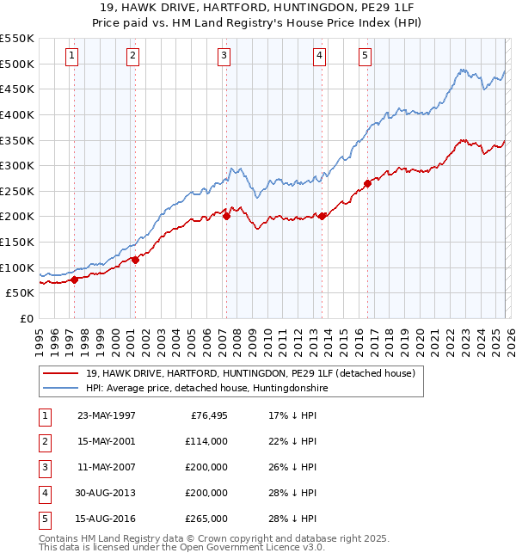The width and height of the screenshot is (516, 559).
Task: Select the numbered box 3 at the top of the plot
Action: pos(224,56)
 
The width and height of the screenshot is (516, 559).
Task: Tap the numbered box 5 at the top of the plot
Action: pos(365,56)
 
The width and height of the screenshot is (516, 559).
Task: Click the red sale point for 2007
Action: pos(226,216)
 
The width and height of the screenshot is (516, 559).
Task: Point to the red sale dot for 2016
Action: pos(367,182)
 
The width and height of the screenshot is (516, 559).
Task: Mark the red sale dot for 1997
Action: pos(75,279)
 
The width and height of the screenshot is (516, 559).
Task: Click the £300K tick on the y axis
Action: pos(17,165)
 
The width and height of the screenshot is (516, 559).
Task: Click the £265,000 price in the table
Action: pos(206,519)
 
